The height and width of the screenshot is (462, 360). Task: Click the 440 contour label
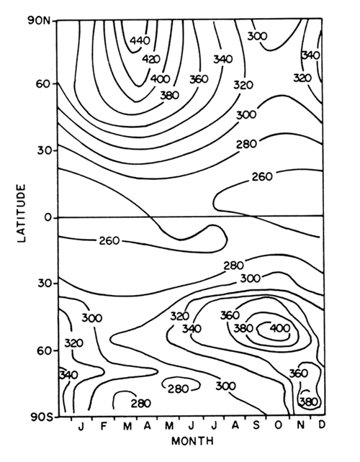click(x=140, y=40)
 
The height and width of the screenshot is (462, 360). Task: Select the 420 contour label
click(x=151, y=59)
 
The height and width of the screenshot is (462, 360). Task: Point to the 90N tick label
click(x=39, y=21)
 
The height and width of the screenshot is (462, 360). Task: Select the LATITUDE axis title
click(x=21, y=213)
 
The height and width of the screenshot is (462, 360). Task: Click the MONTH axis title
click(x=192, y=441)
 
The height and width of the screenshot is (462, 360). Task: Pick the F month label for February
click(x=103, y=426)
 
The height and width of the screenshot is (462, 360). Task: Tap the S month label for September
click(x=256, y=425)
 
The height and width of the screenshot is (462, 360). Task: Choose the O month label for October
click(x=278, y=425)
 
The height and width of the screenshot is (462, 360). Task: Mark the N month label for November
click(x=300, y=425)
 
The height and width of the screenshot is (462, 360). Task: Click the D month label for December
click(x=322, y=425)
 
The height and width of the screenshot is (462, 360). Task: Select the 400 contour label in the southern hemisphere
click(x=280, y=327)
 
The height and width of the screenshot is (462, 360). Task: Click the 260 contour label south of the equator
click(x=109, y=241)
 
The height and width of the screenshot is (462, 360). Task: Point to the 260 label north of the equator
click(x=262, y=176)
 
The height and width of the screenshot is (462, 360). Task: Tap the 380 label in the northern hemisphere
click(x=169, y=95)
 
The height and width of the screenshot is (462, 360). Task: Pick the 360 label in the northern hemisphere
click(x=199, y=79)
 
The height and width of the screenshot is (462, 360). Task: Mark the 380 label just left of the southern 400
click(x=243, y=328)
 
